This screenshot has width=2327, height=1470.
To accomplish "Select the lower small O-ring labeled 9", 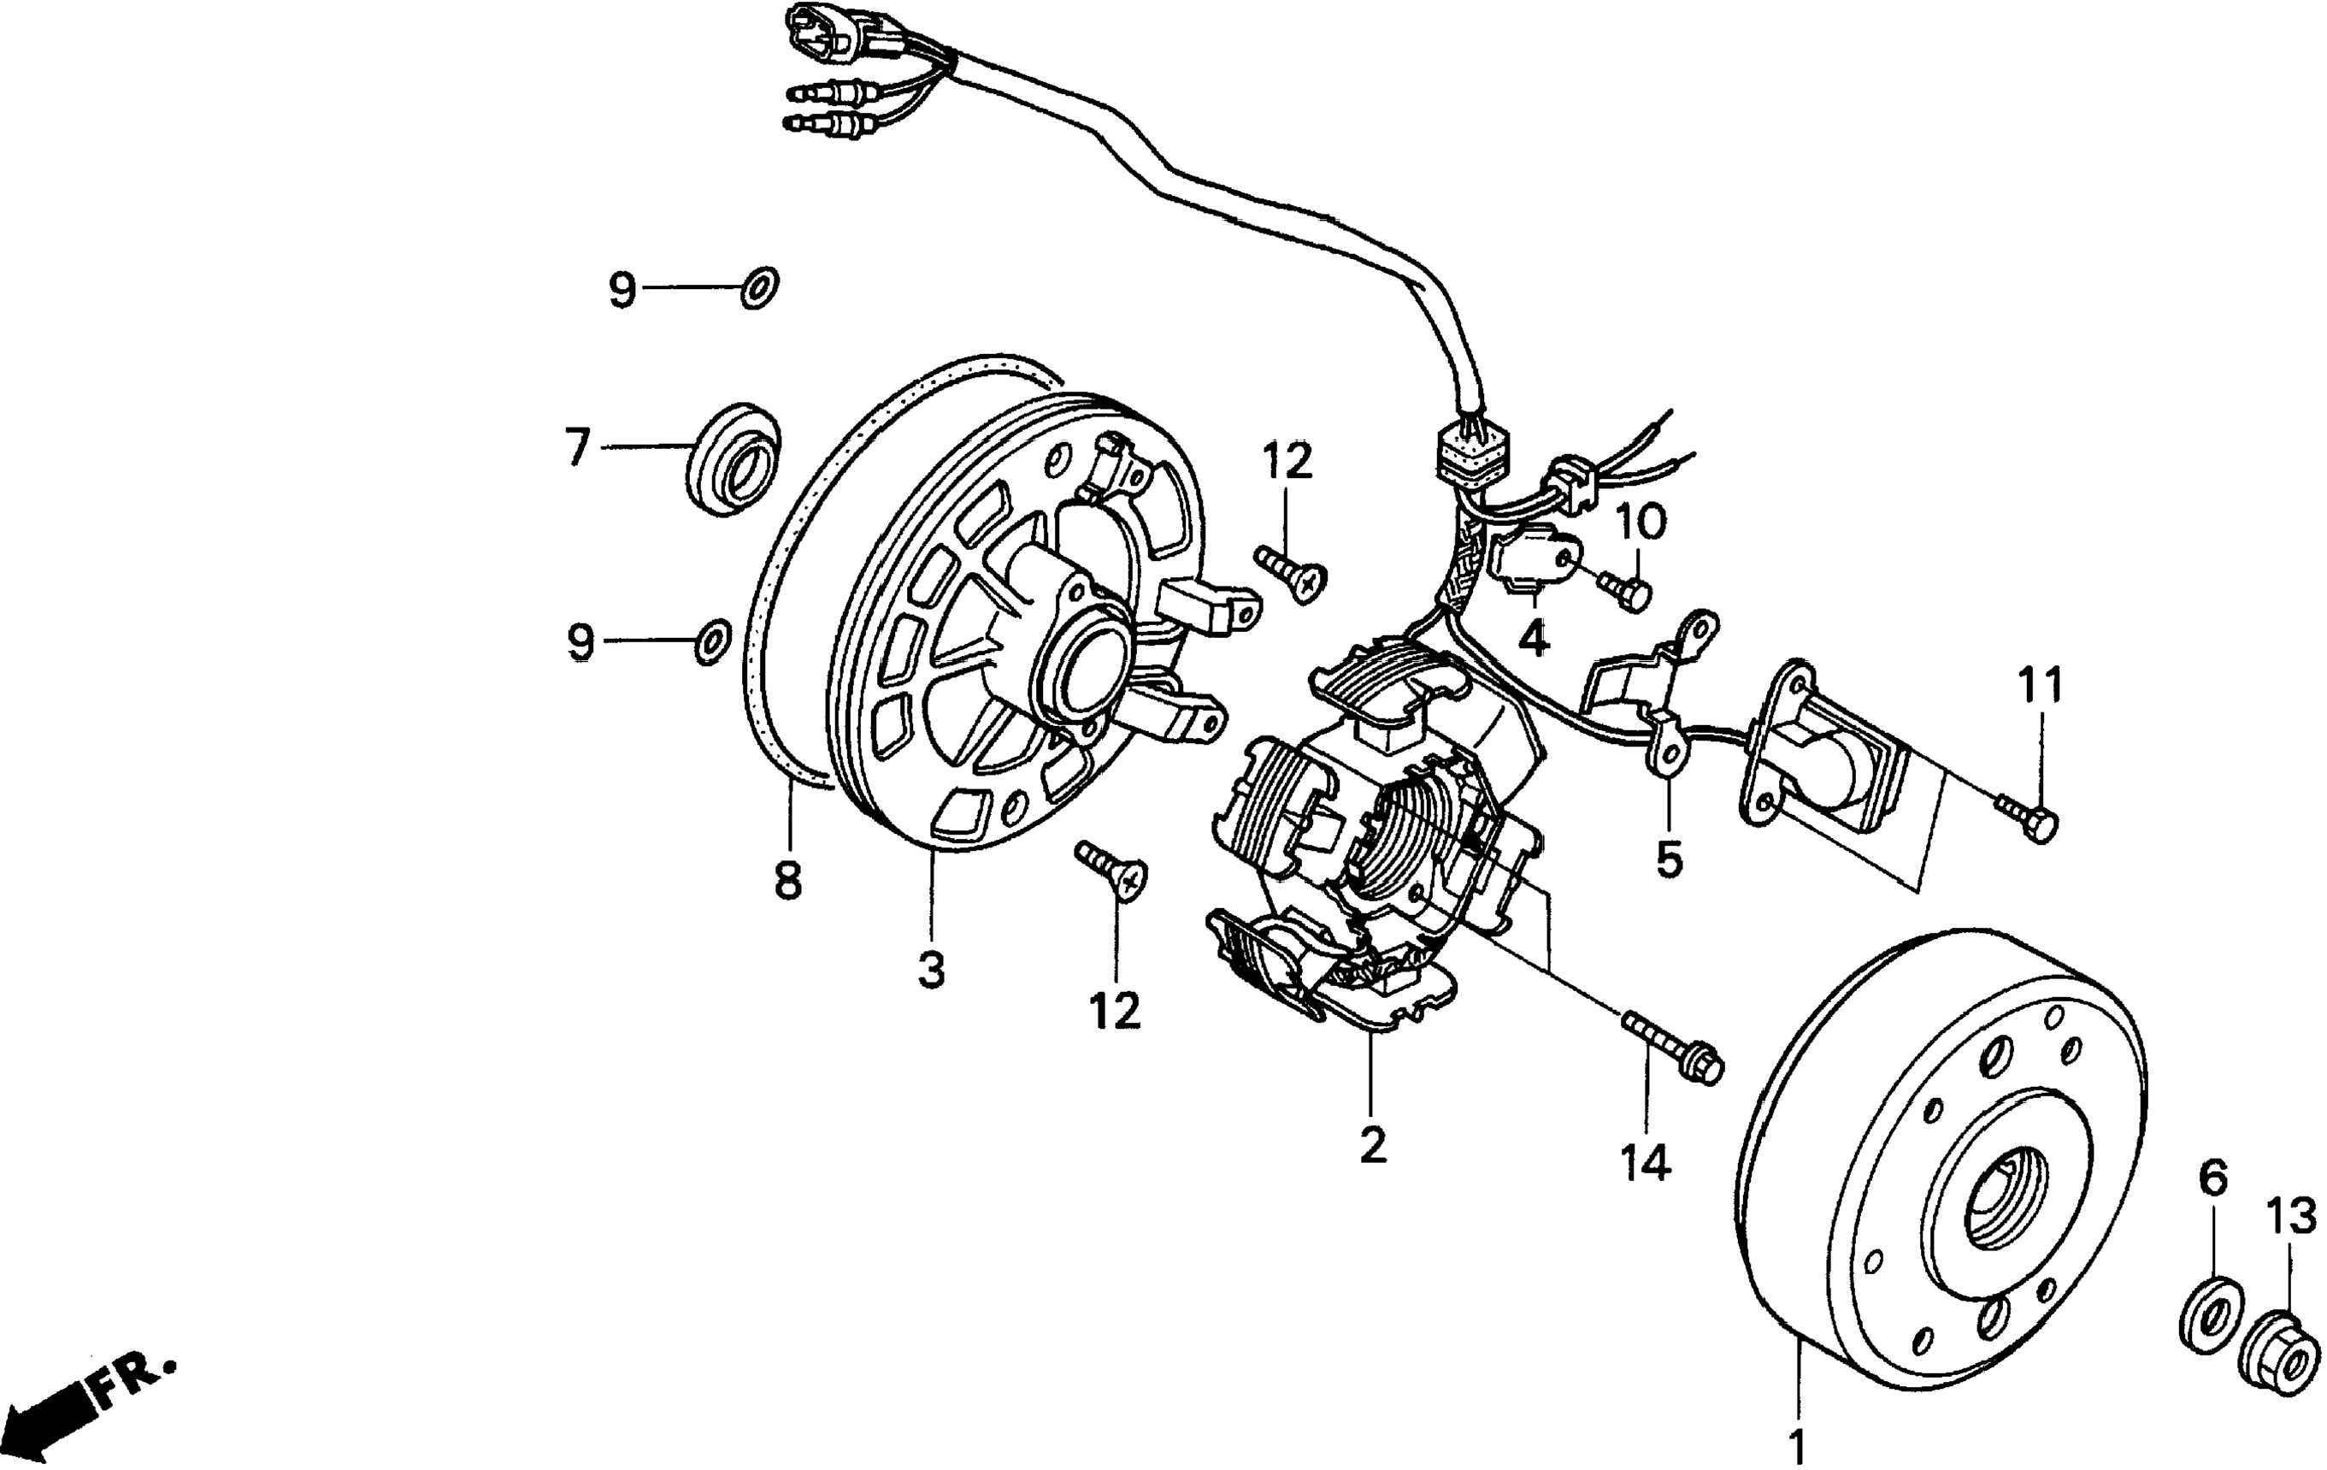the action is click(713, 641).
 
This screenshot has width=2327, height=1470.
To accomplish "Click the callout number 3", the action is click(932, 970).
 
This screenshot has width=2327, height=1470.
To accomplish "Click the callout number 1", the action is click(1796, 1447).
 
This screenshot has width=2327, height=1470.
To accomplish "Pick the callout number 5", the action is click(1669, 859).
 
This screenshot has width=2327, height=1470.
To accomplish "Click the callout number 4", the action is click(1534, 639).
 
